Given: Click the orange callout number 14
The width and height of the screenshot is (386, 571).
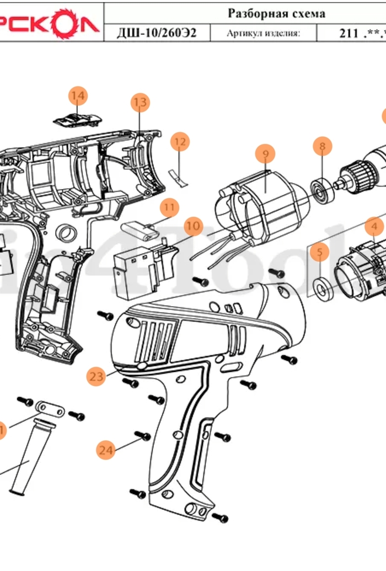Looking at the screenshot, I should tap(78, 96).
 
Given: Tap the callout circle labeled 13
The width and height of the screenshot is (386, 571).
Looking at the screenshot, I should tap(140, 102).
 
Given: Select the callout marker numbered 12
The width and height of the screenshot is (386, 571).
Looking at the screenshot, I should tap(179, 142).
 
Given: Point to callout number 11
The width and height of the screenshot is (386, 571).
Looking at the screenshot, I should tap(169, 207).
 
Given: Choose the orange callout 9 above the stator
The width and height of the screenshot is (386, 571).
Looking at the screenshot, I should tap(265, 153).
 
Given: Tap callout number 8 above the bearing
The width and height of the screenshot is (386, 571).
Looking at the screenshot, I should tap(323, 146).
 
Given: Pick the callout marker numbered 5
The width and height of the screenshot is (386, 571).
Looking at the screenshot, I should tap(319, 253).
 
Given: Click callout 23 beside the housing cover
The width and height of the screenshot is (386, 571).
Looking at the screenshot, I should tap(96, 377).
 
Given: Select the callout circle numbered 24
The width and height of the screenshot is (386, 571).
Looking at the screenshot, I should tap(106, 450).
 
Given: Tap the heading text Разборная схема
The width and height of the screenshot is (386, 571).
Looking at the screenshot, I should tap(276, 13).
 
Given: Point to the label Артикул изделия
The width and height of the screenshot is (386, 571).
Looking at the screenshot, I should tap(263, 34).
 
